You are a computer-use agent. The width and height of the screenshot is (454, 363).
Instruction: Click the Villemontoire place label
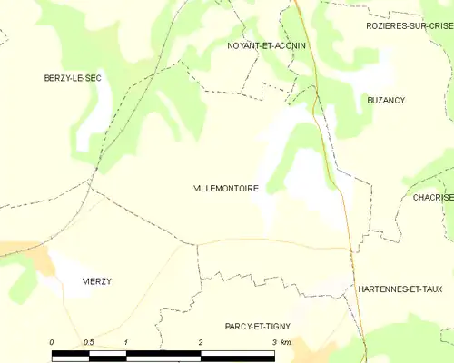point(226,189)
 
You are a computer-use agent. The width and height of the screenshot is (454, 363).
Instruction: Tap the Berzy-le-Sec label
point(73,79)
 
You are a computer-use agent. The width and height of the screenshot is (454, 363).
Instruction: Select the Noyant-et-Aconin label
point(266,45)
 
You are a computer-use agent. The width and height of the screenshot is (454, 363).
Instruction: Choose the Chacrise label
point(432,197)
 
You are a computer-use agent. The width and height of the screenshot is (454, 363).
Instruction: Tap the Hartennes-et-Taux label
point(400,289)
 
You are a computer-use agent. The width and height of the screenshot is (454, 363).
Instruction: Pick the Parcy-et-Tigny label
point(263,326)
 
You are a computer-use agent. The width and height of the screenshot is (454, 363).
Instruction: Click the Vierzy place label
point(96,281)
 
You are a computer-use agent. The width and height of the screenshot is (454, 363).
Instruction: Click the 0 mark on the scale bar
point(52,342)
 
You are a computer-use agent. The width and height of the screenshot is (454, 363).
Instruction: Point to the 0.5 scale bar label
point(88,342)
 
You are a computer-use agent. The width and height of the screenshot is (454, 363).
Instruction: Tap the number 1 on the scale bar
point(126,342)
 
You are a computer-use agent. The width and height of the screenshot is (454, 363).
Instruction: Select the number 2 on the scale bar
point(200,342)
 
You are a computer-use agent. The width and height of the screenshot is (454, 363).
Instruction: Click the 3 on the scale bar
point(273,342)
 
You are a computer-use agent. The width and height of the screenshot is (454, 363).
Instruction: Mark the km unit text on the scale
point(286,342)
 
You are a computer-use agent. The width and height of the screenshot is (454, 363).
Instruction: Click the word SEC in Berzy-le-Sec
point(92,79)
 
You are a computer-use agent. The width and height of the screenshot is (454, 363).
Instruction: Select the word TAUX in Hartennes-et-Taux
point(429,289)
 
